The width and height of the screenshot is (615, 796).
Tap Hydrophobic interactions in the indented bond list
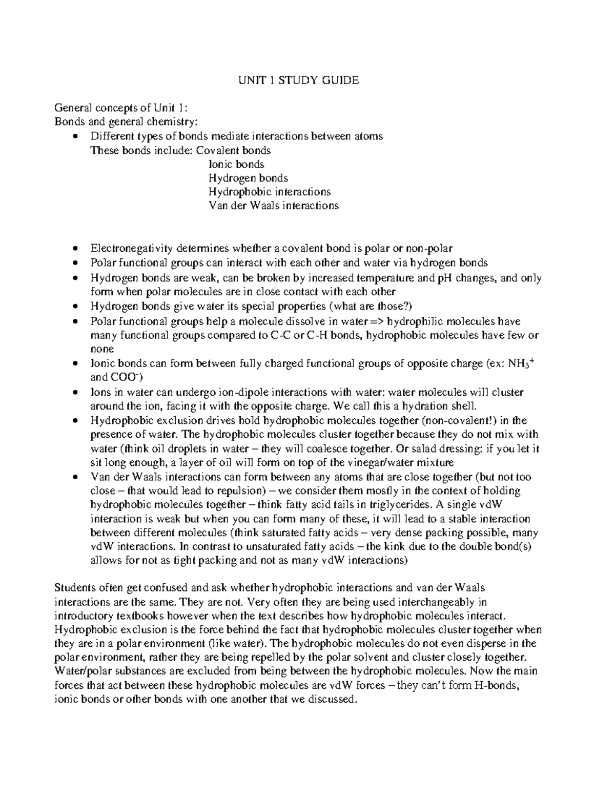tap(269, 192)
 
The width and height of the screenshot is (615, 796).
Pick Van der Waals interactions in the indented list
tap(273, 206)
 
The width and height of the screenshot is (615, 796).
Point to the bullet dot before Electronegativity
tap(75, 249)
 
